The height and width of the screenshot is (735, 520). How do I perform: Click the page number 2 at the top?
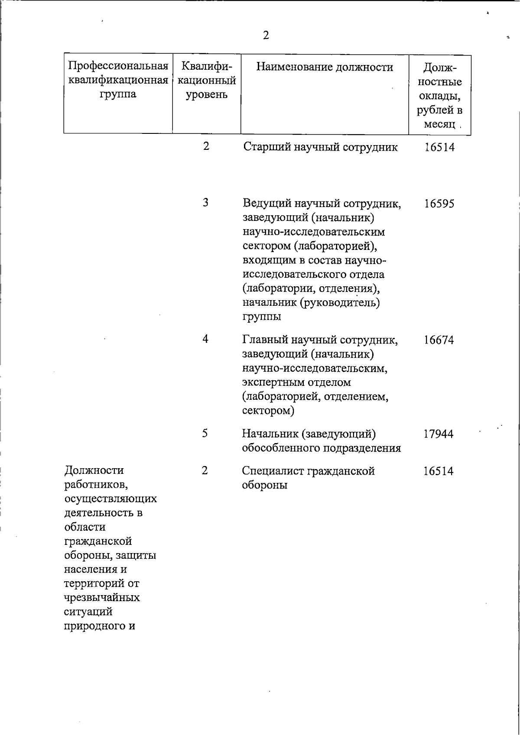(x=266, y=36)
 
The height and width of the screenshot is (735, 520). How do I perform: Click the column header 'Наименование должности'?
(x=325, y=67)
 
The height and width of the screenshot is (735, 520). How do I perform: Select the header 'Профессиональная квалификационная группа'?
(x=118, y=80)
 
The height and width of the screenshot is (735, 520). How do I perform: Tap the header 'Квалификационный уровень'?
(x=207, y=80)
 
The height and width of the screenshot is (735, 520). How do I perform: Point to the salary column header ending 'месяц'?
(x=439, y=96)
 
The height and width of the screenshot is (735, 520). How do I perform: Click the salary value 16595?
(x=439, y=204)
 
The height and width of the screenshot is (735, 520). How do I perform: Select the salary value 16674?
(x=439, y=340)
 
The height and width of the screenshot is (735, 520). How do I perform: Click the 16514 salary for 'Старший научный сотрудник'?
(x=439, y=147)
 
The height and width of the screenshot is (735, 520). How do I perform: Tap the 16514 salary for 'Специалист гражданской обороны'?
(x=439, y=471)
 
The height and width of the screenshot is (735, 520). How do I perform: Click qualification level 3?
(x=205, y=202)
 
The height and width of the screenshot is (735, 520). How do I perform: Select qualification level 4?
(x=205, y=339)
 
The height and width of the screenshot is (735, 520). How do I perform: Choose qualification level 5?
(x=205, y=433)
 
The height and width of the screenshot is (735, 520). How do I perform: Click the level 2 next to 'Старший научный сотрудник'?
(x=206, y=146)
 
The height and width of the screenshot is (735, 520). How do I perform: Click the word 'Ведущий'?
(x=265, y=204)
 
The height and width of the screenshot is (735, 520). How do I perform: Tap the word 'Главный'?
(x=263, y=340)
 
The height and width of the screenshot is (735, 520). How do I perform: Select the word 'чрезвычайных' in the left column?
(x=102, y=598)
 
